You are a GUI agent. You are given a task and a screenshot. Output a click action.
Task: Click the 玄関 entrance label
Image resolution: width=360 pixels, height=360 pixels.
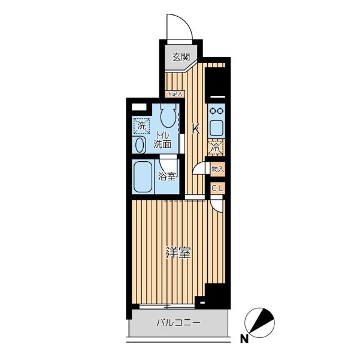pos(181,57)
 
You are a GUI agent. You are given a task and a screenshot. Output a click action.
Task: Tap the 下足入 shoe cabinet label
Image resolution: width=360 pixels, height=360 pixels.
pos(175,93)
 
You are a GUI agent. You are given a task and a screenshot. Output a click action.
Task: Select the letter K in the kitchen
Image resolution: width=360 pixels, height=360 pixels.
pos(196,129)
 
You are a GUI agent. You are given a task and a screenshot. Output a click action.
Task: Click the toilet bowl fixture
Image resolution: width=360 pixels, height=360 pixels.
pos(168,115)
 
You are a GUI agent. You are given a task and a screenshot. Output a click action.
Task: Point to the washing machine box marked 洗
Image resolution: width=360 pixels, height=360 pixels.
pos(141,126)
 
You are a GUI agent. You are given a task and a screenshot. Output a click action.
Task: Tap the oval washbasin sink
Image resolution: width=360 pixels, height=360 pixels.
pos(140,145)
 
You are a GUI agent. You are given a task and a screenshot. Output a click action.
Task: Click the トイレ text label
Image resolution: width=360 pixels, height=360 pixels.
pos(162,135)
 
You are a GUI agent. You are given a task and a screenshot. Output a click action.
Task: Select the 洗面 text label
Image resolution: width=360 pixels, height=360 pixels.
pos(162,144)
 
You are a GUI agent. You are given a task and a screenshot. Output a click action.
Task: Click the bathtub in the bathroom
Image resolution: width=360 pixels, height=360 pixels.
pos(143,177)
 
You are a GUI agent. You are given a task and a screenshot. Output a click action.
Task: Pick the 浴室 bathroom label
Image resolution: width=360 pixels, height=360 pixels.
pos(167,177)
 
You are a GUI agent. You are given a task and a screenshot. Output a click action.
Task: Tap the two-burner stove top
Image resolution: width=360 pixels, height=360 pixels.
pos(216,111)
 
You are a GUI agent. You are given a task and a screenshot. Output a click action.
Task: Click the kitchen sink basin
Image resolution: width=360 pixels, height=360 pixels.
pos(216,128)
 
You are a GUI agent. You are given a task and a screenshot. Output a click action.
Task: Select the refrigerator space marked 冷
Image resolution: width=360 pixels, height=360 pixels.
pos(216,147)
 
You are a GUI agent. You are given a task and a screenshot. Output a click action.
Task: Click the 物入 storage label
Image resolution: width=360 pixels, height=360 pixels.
pos(217,170)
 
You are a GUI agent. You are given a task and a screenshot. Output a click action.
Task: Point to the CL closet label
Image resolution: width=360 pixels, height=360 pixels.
pos(217,189)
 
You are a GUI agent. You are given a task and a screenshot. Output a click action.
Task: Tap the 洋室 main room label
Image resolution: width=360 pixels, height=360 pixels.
pos(179,253)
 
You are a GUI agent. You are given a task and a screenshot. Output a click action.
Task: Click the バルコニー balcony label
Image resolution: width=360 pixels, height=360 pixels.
pos(179,323)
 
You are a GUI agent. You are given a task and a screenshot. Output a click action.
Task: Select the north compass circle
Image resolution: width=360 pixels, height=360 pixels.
pos(259,323)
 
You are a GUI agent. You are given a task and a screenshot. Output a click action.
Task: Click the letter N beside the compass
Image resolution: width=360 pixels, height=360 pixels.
pos(244,340)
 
